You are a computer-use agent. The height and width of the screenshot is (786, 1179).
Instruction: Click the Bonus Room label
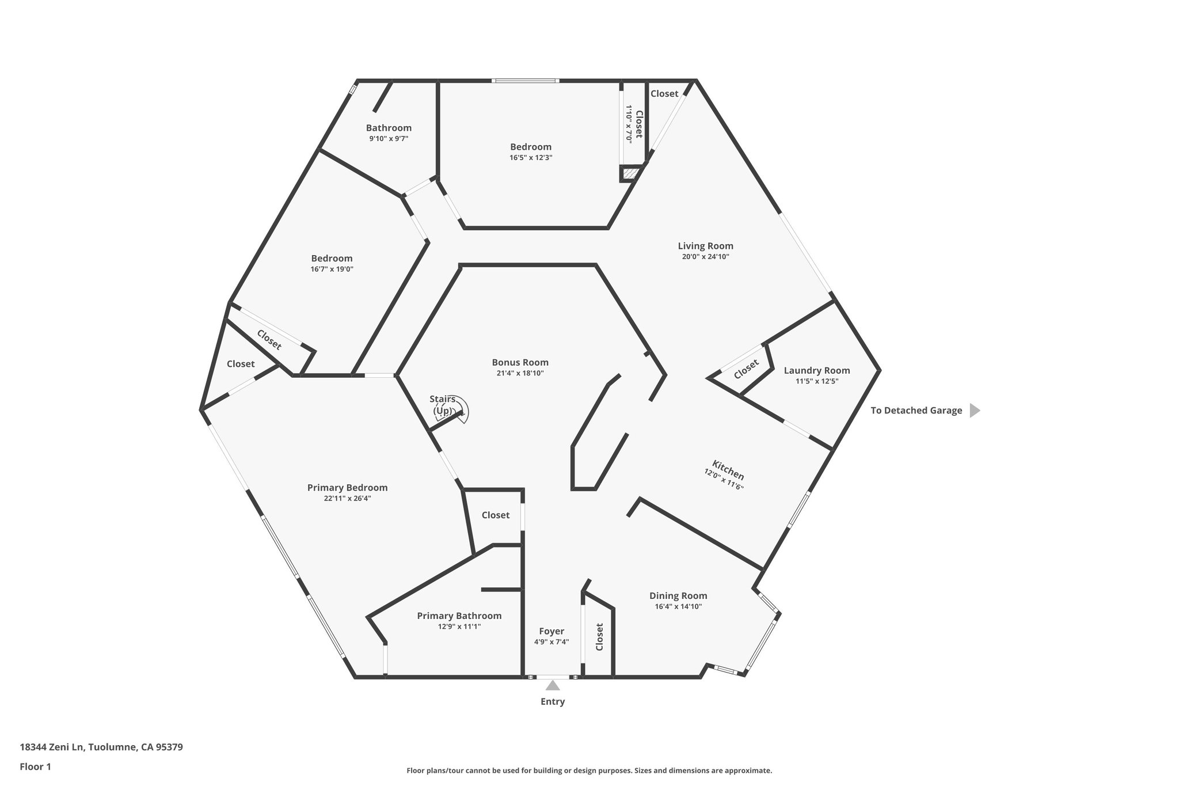[x=520, y=362]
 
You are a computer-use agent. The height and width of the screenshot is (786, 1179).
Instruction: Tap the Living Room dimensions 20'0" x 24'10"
[x=705, y=257]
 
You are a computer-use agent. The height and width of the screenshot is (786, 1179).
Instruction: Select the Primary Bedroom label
[x=347, y=488]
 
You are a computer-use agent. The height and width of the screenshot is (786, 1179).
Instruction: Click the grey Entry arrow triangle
[x=553, y=685]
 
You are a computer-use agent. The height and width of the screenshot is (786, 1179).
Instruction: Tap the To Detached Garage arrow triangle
[x=975, y=411]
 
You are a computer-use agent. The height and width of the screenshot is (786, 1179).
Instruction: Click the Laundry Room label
[x=816, y=370]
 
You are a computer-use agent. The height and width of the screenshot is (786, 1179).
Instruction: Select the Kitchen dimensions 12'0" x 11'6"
[x=724, y=479]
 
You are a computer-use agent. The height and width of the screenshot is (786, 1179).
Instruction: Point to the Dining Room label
[x=678, y=596]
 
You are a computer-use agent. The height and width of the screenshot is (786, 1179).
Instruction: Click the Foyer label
[x=552, y=631]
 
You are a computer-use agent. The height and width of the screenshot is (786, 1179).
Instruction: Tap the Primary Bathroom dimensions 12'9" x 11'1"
[x=459, y=626]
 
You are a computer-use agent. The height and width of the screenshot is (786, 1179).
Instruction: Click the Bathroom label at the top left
[x=389, y=128]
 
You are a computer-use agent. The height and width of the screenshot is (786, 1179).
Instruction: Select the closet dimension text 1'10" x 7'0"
[x=629, y=124]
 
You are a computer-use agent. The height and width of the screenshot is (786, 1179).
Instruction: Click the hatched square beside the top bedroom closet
[x=630, y=173]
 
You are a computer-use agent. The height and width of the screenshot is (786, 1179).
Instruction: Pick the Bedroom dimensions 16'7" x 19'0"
[x=332, y=269]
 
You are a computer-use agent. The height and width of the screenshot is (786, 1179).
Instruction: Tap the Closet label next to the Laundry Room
[x=746, y=369]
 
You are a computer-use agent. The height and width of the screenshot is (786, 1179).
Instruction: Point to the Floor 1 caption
[x=36, y=766]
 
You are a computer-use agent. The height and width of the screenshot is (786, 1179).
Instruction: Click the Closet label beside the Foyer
[x=599, y=637]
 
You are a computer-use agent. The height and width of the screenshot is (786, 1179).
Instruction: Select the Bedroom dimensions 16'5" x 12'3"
[x=531, y=158]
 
